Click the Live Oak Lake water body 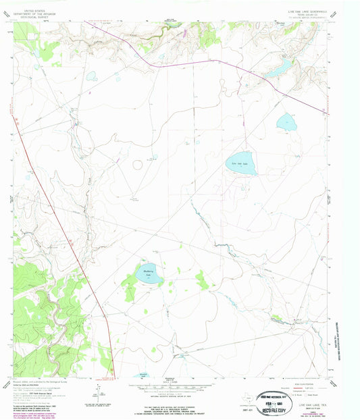pyautogui.click(x=241, y=164)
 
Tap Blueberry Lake pyautogui.click(x=149, y=273)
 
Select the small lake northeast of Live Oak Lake pyautogui.click(x=286, y=123)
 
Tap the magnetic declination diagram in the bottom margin pyautogui.click(x=101, y=390)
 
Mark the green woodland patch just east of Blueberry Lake pyautogui.click(x=202, y=279)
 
